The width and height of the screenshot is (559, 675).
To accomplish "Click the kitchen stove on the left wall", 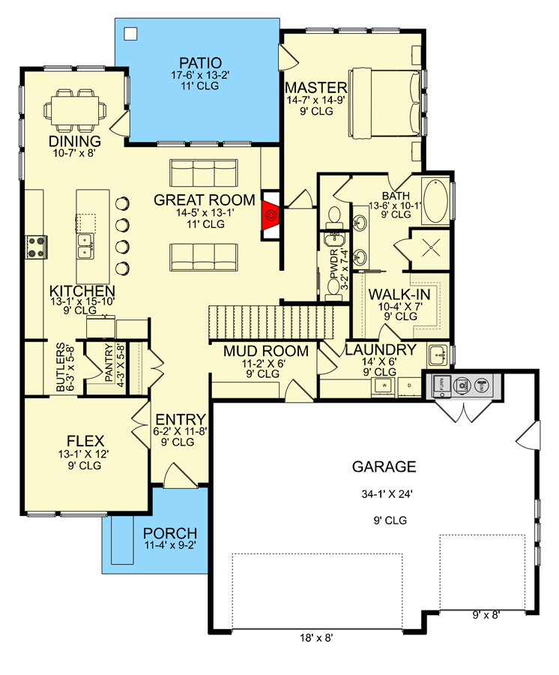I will pyautogui.click(x=34, y=245).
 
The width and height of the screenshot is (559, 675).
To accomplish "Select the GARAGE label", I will pyautogui.click(x=383, y=467).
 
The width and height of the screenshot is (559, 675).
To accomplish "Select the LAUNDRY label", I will pyautogui.click(x=380, y=350).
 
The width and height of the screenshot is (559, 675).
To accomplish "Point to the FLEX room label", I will pyautogui.click(x=85, y=440).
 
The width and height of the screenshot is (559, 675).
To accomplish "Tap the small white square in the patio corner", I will pyautogui.click(x=130, y=33).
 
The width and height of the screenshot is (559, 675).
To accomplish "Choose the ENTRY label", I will pyautogui.click(x=177, y=418).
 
